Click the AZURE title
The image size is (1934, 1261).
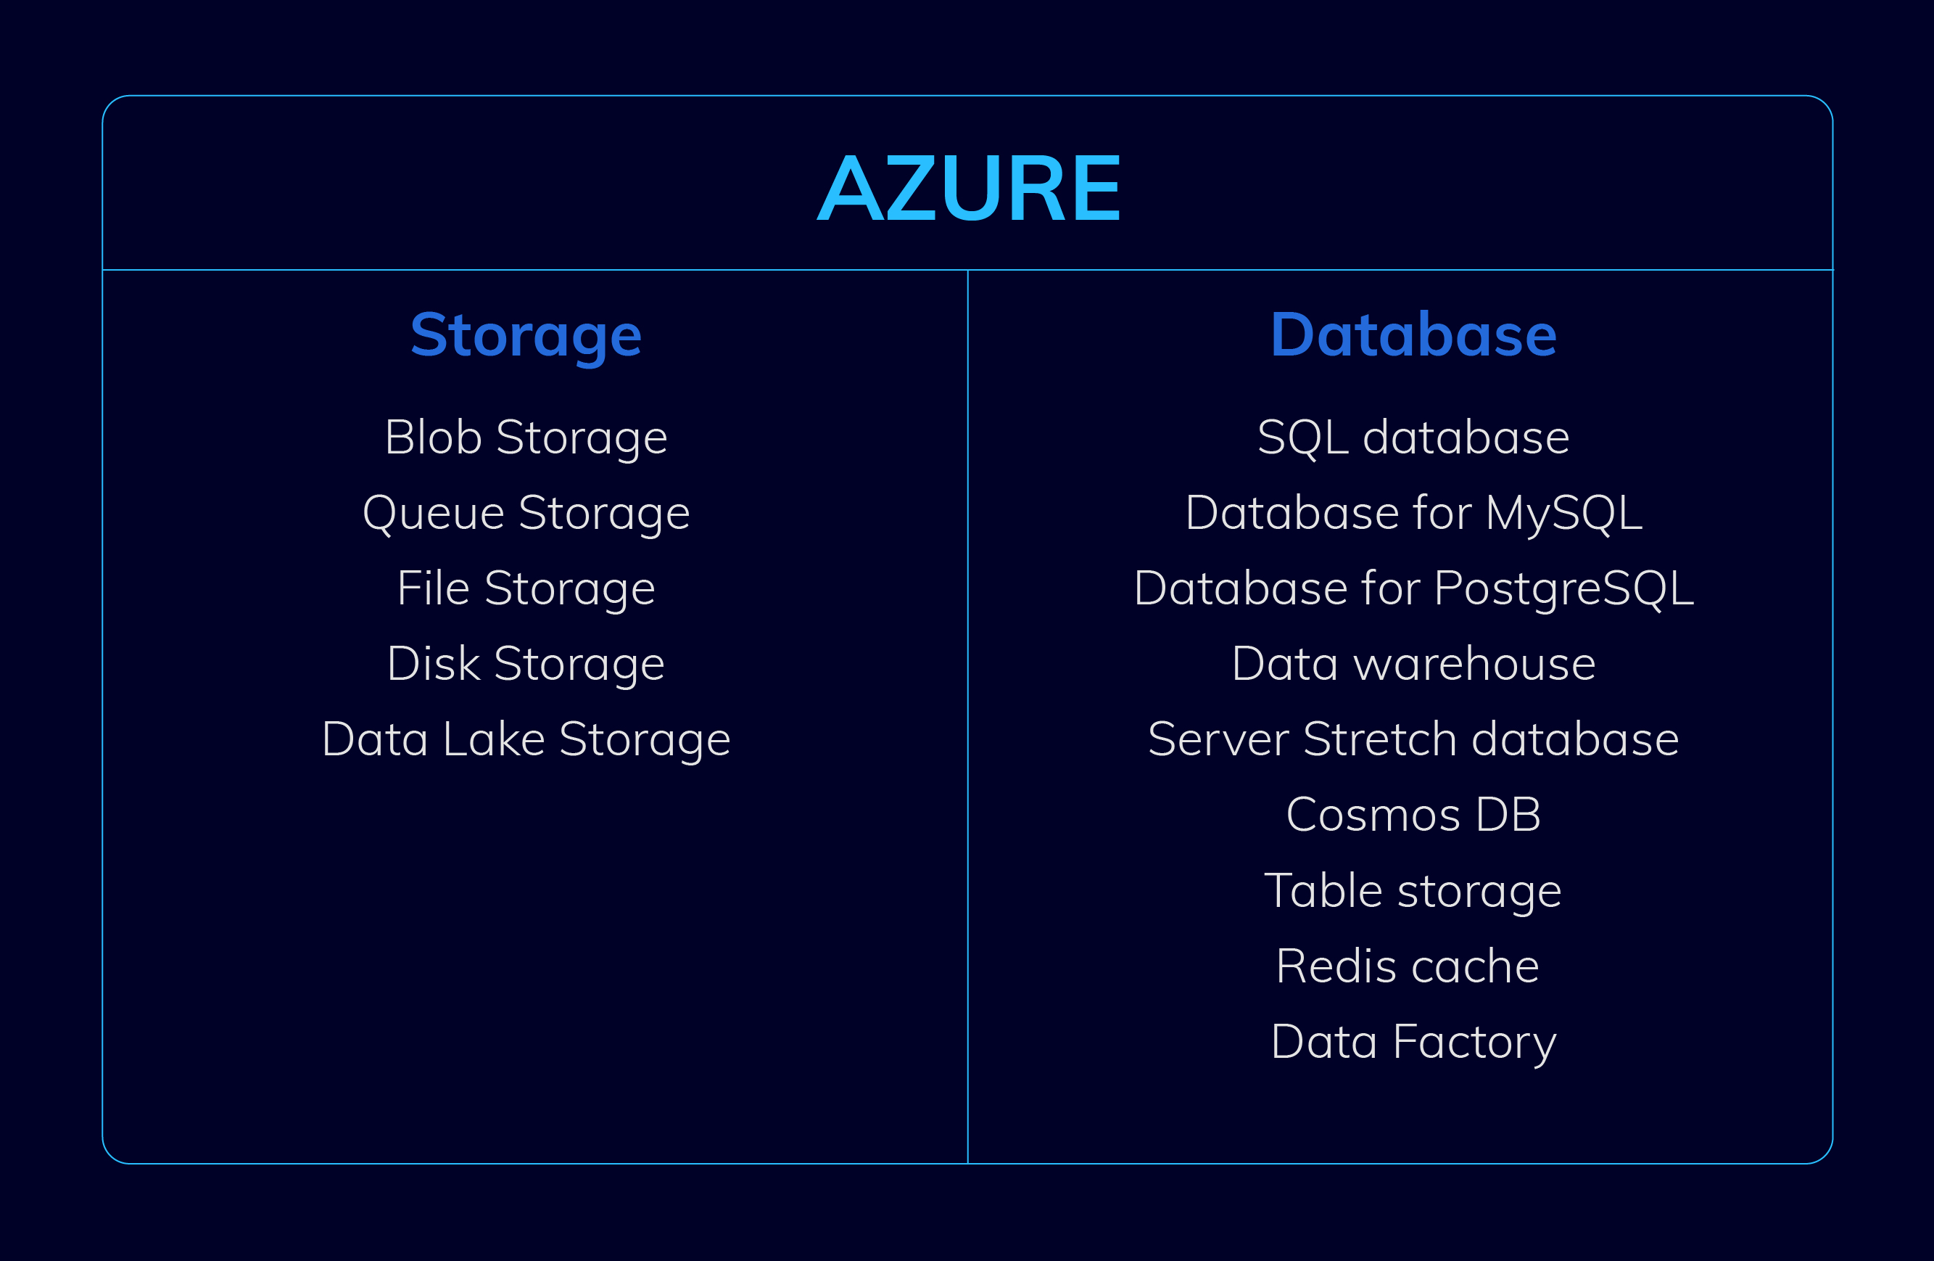(x=969, y=188)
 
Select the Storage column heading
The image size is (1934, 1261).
(x=526, y=337)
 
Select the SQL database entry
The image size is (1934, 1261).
(x=1413, y=438)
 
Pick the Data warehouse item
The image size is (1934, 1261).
(x=1413, y=665)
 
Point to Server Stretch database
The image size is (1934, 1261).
(x=1413, y=740)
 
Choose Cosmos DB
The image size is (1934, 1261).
(x=1413, y=816)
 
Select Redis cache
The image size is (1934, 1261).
(x=1408, y=966)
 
